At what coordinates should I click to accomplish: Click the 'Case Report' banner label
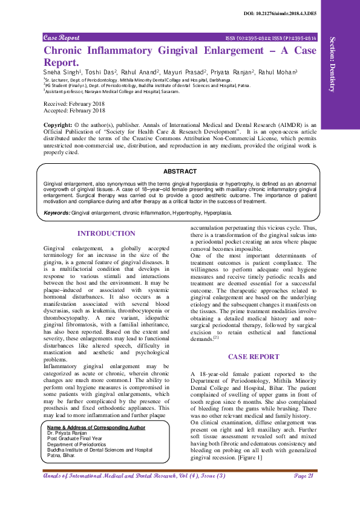point(62,37)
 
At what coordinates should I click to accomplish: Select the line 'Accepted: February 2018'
point(74,111)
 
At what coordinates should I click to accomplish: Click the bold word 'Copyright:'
point(59,125)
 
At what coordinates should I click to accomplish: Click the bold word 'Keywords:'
point(57,213)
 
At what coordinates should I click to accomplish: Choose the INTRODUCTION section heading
point(106,233)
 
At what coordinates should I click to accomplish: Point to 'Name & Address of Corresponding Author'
point(96,427)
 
